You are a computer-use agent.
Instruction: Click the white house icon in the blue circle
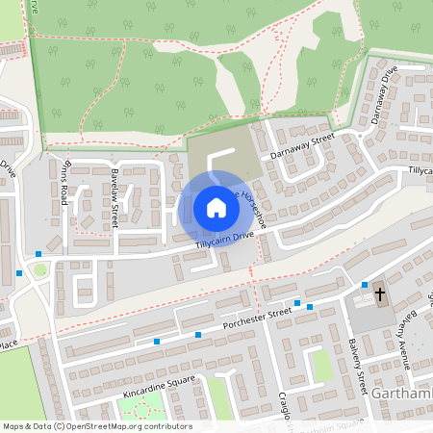click(216, 208)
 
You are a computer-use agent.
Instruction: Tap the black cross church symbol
click(379, 294)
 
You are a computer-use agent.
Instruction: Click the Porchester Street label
click(256, 318)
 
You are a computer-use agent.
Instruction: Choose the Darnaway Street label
click(301, 144)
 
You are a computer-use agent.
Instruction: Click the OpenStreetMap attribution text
click(97, 425)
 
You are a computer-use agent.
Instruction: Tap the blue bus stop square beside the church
click(365, 285)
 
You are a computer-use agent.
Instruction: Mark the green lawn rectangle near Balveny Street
click(322, 366)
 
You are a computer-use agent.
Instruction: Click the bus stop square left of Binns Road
click(38, 254)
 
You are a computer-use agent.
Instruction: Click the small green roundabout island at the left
click(40, 270)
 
